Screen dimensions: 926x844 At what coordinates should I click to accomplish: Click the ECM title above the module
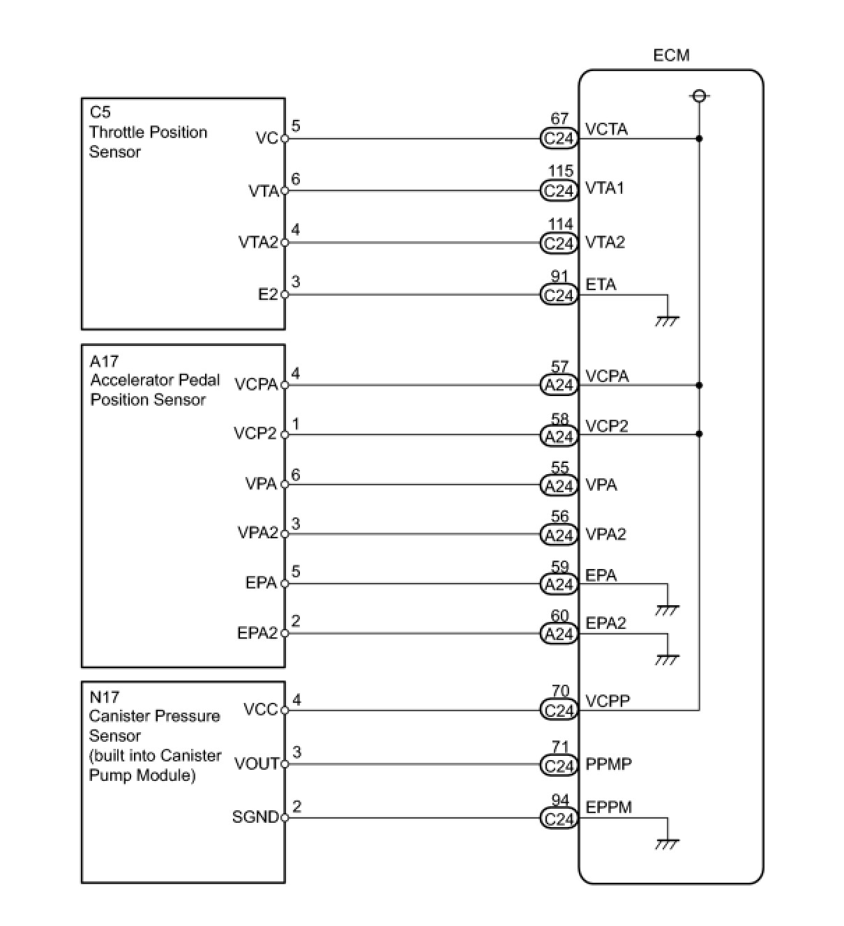(671, 56)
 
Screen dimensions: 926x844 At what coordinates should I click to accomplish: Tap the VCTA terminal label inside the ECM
(606, 129)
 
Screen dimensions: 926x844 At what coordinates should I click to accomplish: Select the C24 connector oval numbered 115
(559, 190)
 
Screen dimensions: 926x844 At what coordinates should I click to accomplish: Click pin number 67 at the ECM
(559, 119)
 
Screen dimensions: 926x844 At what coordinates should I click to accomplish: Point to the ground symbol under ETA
(667, 321)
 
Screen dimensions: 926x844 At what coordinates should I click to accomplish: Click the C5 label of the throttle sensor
(100, 112)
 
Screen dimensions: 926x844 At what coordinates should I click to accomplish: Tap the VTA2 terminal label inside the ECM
(605, 242)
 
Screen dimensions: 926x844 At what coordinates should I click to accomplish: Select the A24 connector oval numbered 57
(559, 385)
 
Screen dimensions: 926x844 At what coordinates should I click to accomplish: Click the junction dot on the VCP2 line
(699, 434)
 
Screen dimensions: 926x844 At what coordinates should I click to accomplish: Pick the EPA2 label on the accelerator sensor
(257, 633)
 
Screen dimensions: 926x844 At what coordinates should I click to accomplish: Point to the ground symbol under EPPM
(667, 844)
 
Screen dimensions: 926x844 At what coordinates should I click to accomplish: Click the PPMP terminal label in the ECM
(608, 764)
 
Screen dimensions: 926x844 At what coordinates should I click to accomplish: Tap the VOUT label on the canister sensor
(257, 764)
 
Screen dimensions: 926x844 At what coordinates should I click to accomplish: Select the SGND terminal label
(255, 817)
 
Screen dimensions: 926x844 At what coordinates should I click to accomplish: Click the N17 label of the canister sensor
(104, 697)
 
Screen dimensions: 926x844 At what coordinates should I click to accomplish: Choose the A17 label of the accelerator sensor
(104, 361)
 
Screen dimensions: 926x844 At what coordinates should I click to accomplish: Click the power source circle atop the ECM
(699, 96)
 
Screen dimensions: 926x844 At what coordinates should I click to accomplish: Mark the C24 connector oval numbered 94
(559, 819)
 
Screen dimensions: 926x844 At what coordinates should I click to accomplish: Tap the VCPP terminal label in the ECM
(608, 701)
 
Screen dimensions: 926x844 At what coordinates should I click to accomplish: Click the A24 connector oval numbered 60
(559, 634)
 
